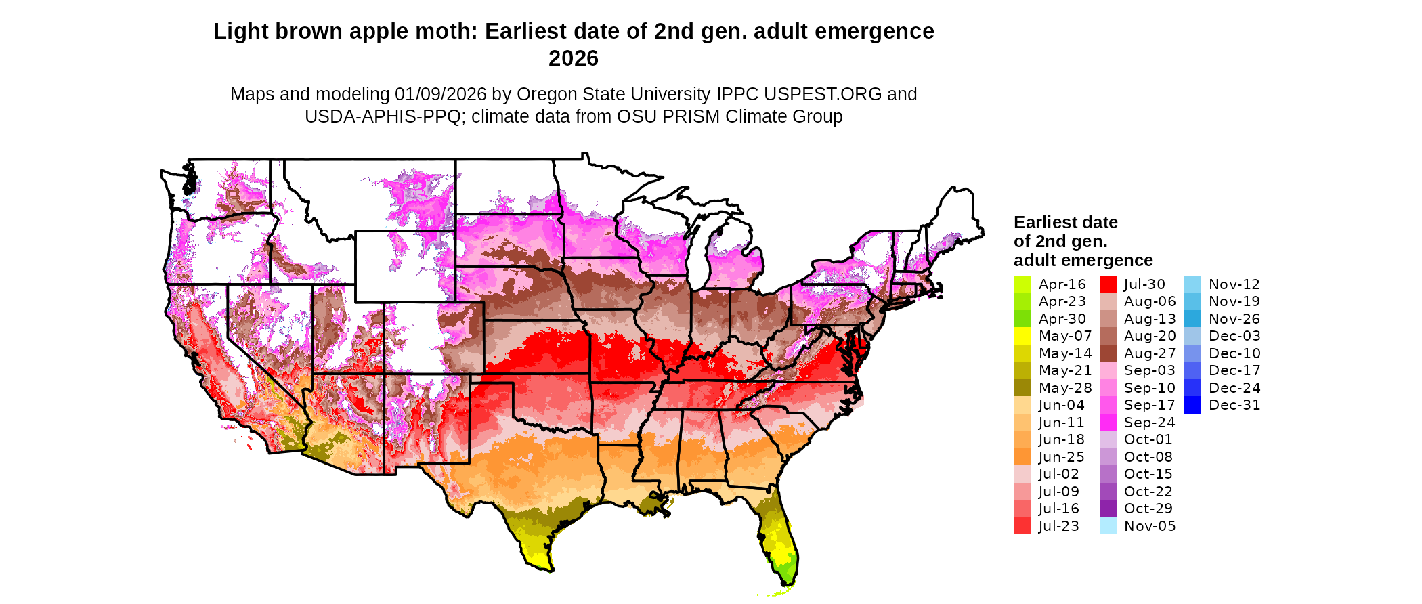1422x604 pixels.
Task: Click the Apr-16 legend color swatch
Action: point(1022,284)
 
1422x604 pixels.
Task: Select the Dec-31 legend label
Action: point(1234,405)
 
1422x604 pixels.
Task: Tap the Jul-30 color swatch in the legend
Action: point(1108,284)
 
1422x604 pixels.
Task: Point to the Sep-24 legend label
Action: point(1149,423)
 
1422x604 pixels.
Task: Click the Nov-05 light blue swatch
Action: point(1108,526)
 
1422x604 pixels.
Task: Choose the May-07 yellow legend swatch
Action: point(1022,336)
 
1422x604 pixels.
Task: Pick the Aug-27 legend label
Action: point(1149,353)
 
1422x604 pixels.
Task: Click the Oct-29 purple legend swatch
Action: point(1108,509)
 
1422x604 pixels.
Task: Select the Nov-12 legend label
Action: point(1234,284)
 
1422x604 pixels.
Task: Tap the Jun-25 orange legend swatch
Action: point(1022,457)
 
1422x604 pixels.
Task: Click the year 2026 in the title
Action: point(573,59)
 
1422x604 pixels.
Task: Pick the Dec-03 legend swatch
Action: point(1192,336)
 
